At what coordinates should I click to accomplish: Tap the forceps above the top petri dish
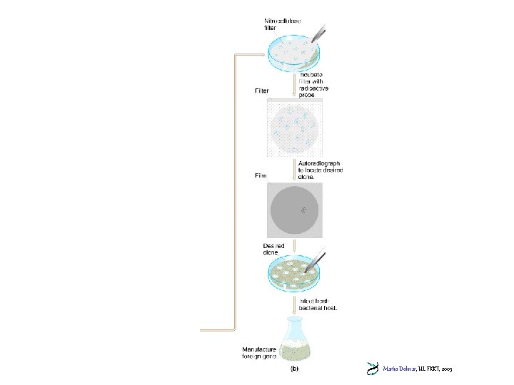click(316, 33)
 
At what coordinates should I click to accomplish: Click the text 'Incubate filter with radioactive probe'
click(316, 84)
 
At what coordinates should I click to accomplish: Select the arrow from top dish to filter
click(294, 85)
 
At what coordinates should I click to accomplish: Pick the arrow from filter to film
click(294, 170)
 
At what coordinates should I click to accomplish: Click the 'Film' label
click(261, 175)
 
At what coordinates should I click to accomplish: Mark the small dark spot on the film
click(304, 210)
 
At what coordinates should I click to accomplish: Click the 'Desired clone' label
click(274, 250)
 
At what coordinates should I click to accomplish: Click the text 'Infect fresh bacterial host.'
click(318, 304)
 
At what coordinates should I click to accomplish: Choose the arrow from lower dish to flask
click(294, 304)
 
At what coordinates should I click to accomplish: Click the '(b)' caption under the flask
click(293, 369)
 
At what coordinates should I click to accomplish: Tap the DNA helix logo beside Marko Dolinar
click(372, 369)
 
